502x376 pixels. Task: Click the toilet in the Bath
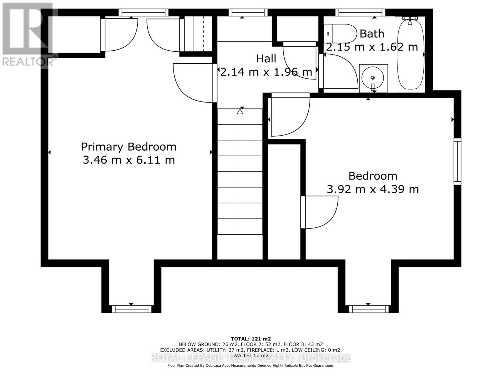click(340, 34)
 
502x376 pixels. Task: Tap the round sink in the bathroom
click(372, 78)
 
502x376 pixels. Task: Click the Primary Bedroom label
click(129, 147)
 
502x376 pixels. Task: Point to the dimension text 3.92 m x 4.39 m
click(372, 189)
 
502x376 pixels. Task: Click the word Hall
click(266, 59)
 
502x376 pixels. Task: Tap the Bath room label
click(372, 34)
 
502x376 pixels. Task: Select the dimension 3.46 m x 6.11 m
click(129, 160)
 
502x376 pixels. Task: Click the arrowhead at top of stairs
click(240, 112)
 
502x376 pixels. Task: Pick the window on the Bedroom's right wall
click(457, 161)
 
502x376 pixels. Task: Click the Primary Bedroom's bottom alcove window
click(131, 309)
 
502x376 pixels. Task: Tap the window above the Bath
click(360, 12)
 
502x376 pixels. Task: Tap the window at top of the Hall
click(248, 12)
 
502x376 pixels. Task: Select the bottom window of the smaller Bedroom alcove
click(369, 309)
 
